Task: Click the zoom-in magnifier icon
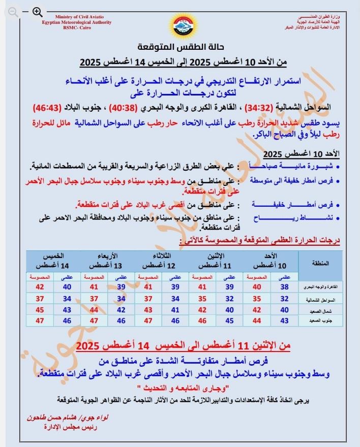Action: [37, 11]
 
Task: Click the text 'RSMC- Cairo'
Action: [77, 28]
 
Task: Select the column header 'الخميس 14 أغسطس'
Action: [51, 262]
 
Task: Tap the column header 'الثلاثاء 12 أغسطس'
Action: [162, 262]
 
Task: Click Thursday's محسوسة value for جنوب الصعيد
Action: [40, 321]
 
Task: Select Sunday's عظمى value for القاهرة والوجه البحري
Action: [284, 286]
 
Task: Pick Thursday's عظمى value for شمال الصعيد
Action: [66, 309]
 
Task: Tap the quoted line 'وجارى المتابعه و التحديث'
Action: [188, 389]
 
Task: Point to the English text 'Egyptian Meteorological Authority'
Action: [77, 22]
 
